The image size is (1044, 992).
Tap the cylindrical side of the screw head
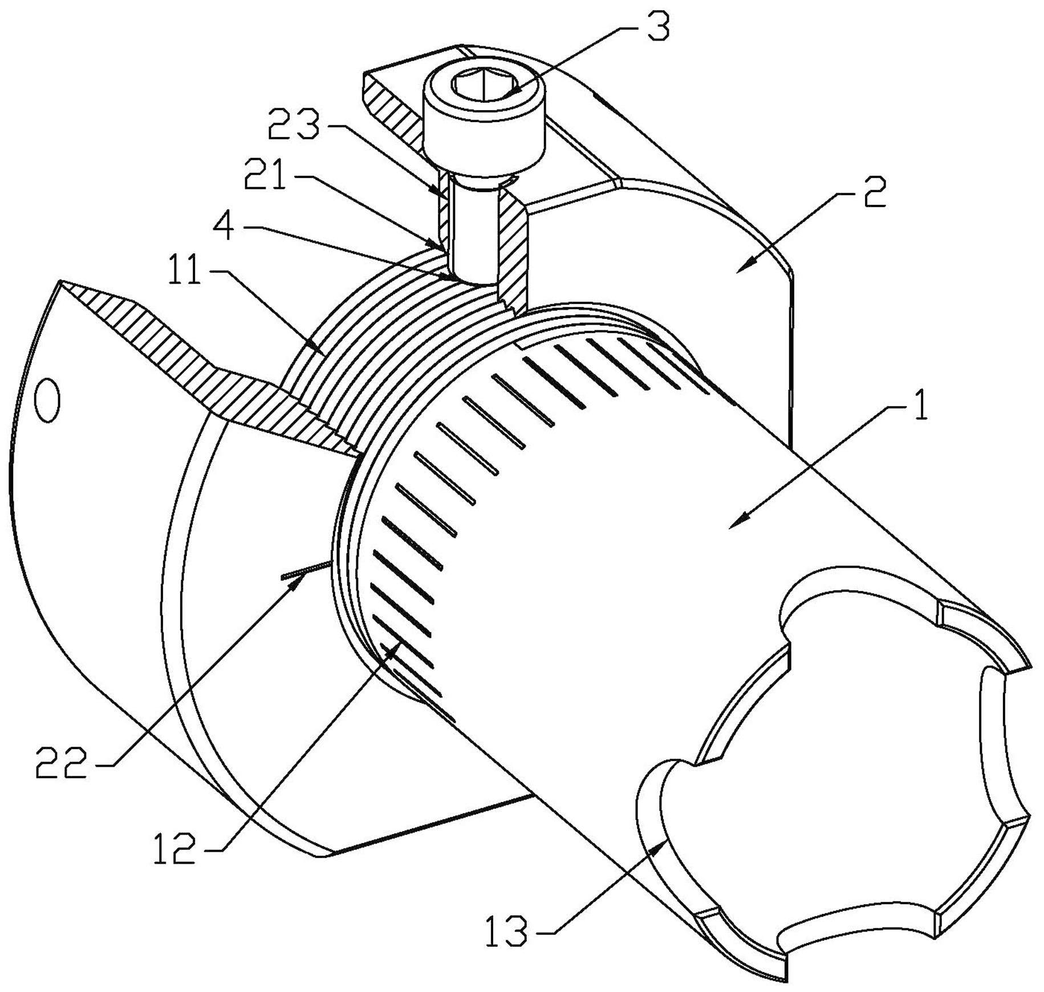coord(482,136)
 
